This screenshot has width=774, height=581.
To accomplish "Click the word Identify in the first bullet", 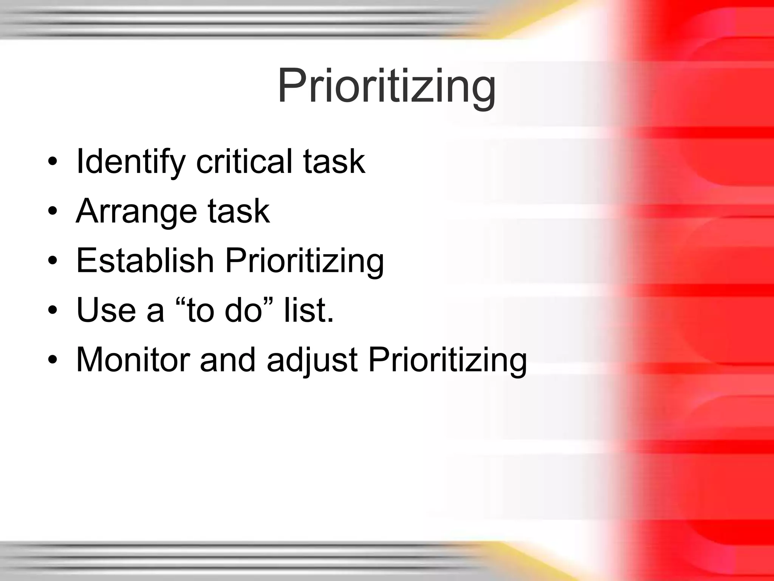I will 130,162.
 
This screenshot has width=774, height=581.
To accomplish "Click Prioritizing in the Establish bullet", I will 305,261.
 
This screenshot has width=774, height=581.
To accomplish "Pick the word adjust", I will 312,360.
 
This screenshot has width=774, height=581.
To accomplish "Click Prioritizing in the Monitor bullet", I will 447,360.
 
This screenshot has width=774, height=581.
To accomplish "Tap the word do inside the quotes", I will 243,310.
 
